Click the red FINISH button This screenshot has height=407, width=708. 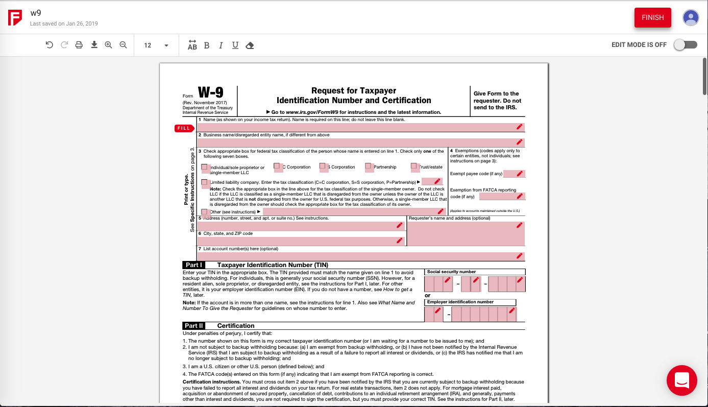(652, 17)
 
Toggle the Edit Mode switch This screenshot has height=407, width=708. (685, 45)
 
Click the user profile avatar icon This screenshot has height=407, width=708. (691, 17)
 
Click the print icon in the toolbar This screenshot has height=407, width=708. (79, 45)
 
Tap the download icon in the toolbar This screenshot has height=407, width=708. (94, 45)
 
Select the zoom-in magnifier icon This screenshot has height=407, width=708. (108, 45)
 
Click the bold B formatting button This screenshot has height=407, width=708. (207, 45)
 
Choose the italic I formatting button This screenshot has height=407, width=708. (221, 45)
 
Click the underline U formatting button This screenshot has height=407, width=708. (235, 45)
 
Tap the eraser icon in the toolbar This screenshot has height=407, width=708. (250, 45)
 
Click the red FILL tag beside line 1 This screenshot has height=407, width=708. (184, 128)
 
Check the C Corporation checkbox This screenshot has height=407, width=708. (278, 166)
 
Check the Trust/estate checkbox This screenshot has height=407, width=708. (414, 166)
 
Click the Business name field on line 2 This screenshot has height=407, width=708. (357, 142)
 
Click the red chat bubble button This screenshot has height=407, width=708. (681, 380)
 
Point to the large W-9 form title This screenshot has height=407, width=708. (210, 92)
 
